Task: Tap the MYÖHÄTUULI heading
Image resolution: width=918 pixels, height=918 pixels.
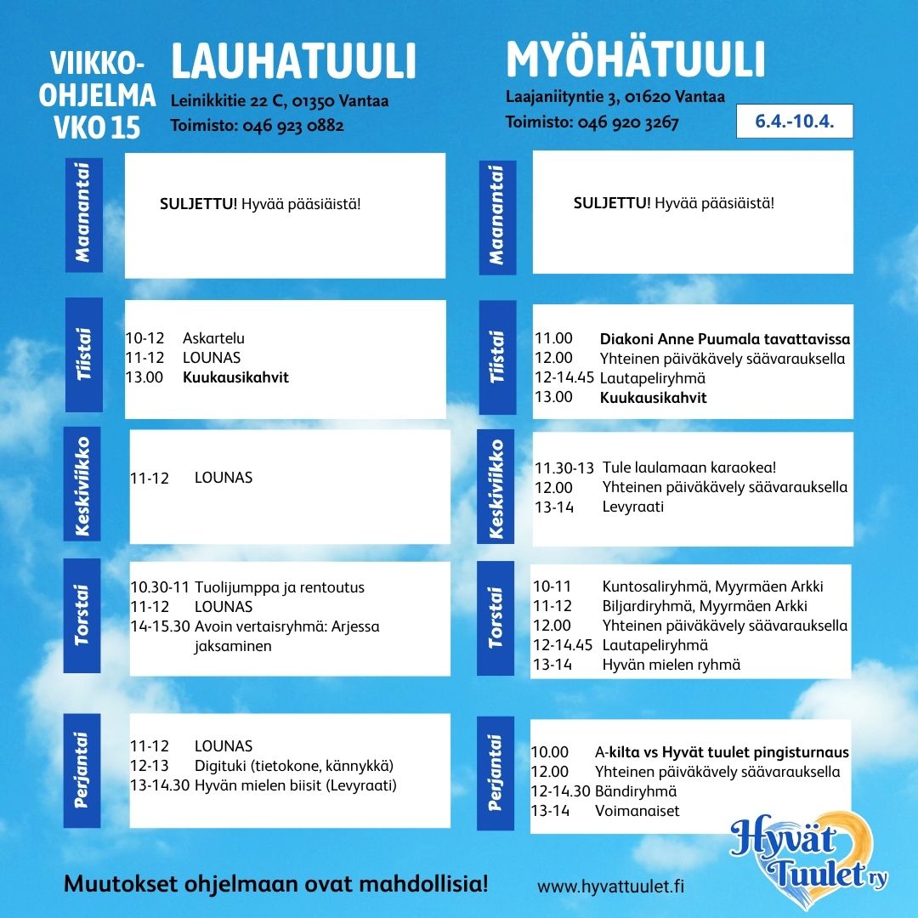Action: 636,60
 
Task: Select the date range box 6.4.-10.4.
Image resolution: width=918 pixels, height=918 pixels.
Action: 794,122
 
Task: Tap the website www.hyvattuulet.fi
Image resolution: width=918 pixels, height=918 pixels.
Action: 610,886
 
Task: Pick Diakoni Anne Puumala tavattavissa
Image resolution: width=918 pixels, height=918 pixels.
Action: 724,339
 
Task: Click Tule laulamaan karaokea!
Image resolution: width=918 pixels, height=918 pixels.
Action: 689,467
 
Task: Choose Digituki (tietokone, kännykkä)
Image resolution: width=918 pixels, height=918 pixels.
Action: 294,766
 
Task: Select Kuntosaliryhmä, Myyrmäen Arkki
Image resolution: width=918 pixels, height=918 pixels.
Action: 712,586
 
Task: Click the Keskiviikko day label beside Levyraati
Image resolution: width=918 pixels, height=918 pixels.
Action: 497,490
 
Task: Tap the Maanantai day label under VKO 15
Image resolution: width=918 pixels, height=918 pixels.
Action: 83,213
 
